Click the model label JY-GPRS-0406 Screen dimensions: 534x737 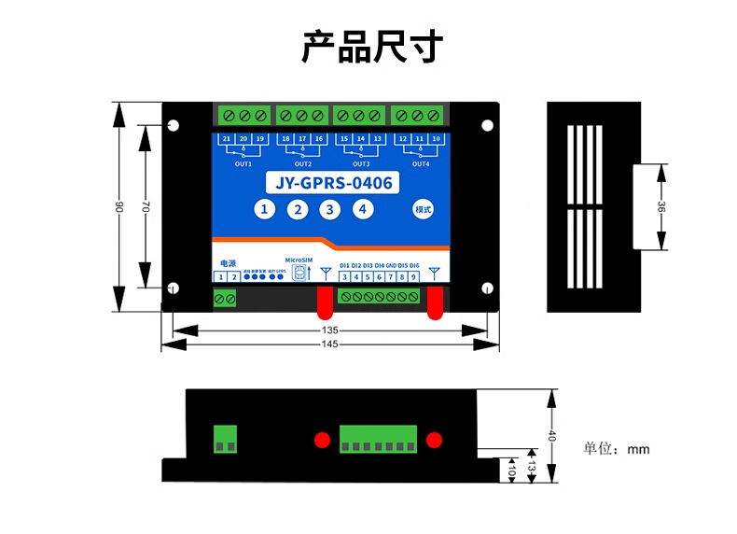click(x=328, y=183)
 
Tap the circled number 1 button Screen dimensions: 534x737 click(x=265, y=210)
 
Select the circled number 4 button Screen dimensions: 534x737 click(x=361, y=210)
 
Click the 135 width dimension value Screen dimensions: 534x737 click(x=329, y=330)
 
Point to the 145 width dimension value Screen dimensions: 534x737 click(x=329, y=344)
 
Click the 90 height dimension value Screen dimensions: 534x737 click(x=118, y=207)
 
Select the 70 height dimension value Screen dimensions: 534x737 click(x=146, y=207)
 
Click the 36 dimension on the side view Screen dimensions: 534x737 click(x=661, y=207)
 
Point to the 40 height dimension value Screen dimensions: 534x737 click(x=551, y=436)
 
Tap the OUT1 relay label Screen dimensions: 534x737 click(x=243, y=164)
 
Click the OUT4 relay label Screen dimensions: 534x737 click(x=421, y=164)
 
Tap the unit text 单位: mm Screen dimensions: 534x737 click(x=616, y=449)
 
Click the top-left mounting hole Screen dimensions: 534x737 click(x=173, y=125)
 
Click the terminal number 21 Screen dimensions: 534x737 click(x=227, y=139)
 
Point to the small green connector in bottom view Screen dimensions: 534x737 click(x=225, y=438)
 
